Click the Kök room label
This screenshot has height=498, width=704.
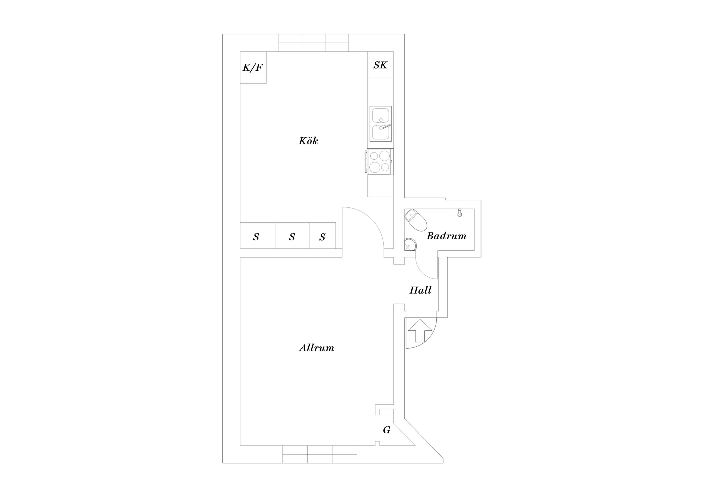pyautogui.click(x=309, y=141)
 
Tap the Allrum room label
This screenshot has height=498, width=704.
pyautogui.click(x=317, y=348)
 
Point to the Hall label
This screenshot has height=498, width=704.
pyautogui.click(x=420, y=290)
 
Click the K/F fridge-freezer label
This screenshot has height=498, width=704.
pyautogui.click(x=253, y=67)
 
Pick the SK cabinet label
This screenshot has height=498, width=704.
pyautogui.click(x=380, y=65)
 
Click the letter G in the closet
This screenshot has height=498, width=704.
pyautogui.click(x=387, y=430)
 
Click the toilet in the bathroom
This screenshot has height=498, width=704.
pyautogui.click(x=416, y=220)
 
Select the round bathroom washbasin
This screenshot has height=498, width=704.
pyautogui.click(x=410, y=245)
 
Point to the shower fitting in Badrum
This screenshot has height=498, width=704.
pyautogui.click(x=459, y=212)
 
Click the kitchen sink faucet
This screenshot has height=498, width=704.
pyautogui.click(x=386, y=126)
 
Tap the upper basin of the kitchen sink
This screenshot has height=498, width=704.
pyautogui.click(x=381, y=116)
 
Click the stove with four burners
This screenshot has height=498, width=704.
pyautogui.click(x=379, y=162)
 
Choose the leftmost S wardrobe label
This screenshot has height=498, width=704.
pyautogui.click(x=256, y=237)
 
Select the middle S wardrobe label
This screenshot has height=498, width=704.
pyautogui.click(x=292, y=237)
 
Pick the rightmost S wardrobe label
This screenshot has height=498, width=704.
pyautogui.click(x=322, y=237)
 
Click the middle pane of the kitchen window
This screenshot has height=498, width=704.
pyautogui.click(x=313, y=43)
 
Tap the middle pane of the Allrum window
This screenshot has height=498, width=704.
pyautogui.click(x=320, y=454)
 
